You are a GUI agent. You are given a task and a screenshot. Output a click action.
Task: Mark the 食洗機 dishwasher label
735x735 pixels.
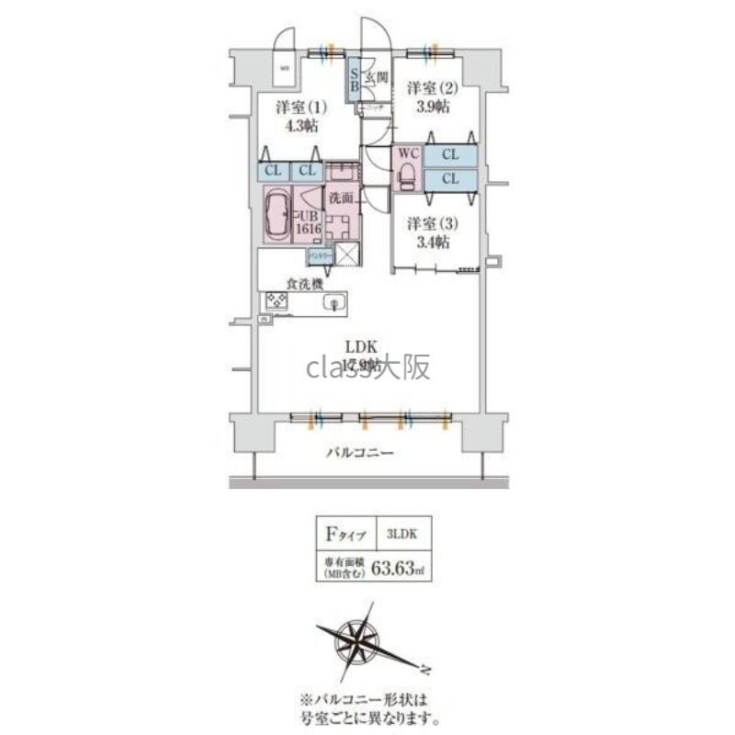tap(304, 285)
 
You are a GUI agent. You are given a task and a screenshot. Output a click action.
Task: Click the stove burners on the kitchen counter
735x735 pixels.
tap(276, 300)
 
